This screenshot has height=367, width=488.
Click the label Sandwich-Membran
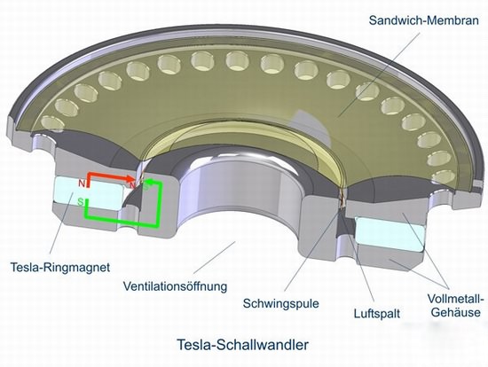coord(423,20)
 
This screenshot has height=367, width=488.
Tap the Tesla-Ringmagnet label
coord(60,267)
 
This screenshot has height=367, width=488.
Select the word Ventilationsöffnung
coord(175,285)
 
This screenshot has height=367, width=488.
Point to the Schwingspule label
coord(280,303)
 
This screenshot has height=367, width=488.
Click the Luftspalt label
coord(377,313)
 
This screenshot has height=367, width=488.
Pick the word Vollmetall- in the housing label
coord(456,300)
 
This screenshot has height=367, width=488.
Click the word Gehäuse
coord(456,312)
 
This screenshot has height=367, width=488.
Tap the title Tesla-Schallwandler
coord(243,345)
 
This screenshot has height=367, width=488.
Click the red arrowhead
coord(131,178)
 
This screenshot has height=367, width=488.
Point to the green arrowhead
coord(149,182)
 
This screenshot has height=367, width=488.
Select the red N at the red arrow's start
coord(82,183)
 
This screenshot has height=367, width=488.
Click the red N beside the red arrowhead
coord(132,185)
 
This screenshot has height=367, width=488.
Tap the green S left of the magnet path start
coord(81,202)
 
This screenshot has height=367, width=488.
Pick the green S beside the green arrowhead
coord(146,187)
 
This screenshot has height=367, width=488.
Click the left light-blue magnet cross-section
coord(89,193)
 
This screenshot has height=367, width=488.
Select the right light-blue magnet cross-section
coord(390,233)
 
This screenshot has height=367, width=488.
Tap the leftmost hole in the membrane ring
coord(52,124)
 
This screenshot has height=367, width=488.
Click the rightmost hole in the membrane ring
coord(444,176)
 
